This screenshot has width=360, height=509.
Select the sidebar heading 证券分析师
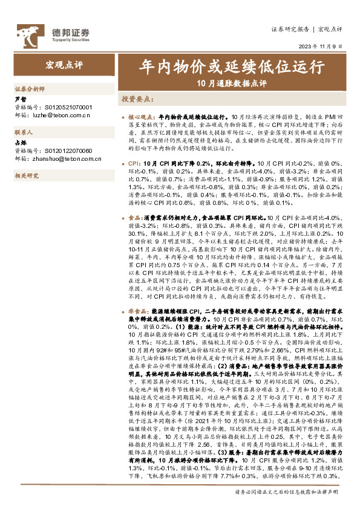(30, 88)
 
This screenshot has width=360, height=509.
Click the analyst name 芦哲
(21, 99)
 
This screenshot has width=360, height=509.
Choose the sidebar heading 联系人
(24, 131)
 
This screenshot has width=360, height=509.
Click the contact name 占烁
(21, 143)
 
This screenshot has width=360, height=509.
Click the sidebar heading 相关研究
(26, 175)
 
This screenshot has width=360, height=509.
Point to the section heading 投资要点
(136, 97)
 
